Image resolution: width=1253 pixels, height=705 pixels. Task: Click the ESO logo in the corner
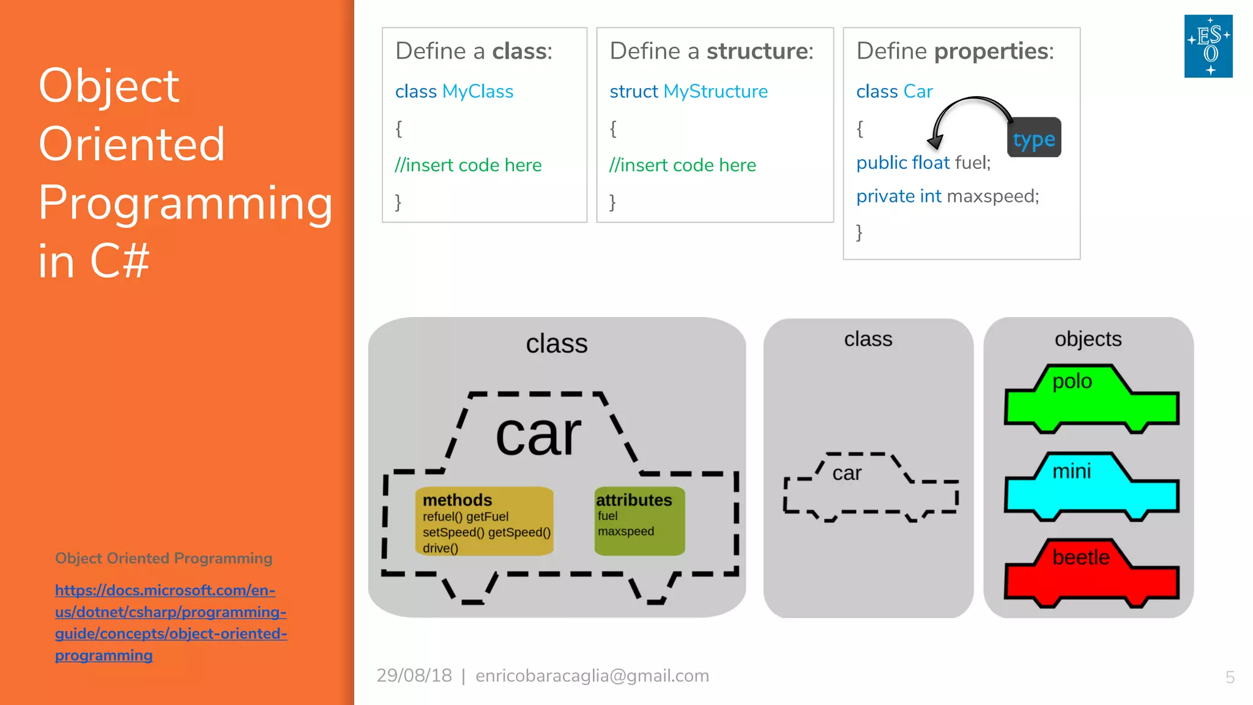point(1208,46)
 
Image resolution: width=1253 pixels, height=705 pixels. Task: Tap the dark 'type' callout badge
point(1034,138)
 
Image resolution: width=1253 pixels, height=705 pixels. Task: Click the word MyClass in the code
point(477,92)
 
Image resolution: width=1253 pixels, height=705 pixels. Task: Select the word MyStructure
point(715,92)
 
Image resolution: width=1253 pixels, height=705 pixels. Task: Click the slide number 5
point(1230,677)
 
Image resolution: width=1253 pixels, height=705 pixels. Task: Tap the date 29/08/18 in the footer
point(414,676)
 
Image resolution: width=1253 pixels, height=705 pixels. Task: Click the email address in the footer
point(592,676)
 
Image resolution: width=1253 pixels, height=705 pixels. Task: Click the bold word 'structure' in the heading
point(759,51)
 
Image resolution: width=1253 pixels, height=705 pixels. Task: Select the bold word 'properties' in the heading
point(994,51)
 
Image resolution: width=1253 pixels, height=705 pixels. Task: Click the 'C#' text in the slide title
point(120,261)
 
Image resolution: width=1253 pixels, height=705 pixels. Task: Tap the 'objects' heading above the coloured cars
point(1088,339)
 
